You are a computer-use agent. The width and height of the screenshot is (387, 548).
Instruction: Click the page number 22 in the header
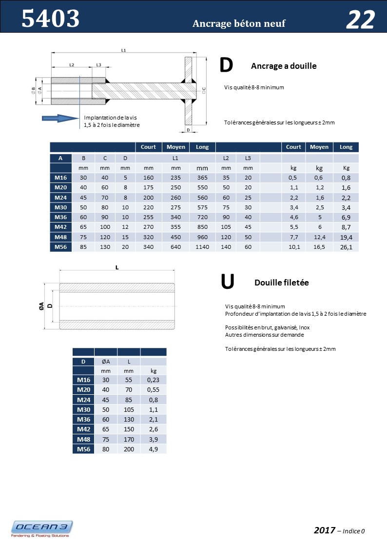click(360, 20)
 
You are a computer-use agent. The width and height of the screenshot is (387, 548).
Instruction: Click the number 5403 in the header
click(51, 19)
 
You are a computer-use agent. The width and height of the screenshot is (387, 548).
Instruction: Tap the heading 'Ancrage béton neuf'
click(239, 23)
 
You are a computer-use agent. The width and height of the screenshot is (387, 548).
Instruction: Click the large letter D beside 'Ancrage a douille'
click(226, 65)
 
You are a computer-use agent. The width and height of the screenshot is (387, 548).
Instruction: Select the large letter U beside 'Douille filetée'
click(227, 281)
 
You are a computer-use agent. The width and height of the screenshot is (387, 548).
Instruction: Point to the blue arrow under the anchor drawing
click(57, 118)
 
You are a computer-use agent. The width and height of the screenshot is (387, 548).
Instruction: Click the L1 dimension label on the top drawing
click(123, 50)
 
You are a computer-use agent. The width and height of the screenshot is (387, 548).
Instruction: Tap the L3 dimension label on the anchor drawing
click(99, 64)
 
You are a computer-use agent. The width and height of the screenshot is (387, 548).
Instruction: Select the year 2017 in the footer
click(324, 530)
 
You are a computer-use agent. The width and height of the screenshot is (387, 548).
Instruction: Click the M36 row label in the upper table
click(61, 217)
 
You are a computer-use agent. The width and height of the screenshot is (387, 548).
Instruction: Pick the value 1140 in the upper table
click(202, 247)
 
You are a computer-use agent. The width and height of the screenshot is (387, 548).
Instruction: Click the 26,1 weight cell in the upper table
click(346, 247)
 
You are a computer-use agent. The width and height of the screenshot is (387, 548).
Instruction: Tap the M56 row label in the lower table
click(83, 448)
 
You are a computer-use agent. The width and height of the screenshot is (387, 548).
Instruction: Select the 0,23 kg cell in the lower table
click(153, 379)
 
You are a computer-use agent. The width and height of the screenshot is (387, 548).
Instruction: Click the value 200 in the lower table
click(129, 448)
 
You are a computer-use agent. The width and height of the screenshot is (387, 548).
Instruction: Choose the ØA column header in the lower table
click(106, 362)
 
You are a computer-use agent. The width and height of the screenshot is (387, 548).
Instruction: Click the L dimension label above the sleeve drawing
click(117, 267)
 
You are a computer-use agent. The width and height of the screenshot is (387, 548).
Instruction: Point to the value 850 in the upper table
click(202, 227)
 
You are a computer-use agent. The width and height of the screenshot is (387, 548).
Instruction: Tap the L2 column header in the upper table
click(226, 158)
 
